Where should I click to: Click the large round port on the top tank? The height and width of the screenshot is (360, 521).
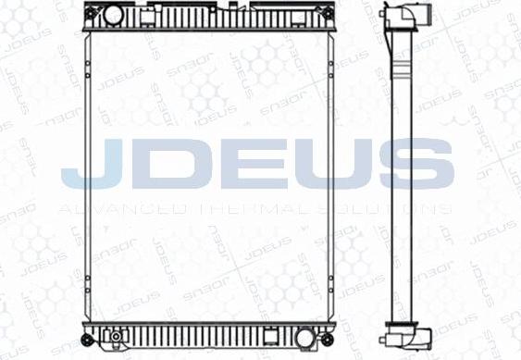pos(111,14)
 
